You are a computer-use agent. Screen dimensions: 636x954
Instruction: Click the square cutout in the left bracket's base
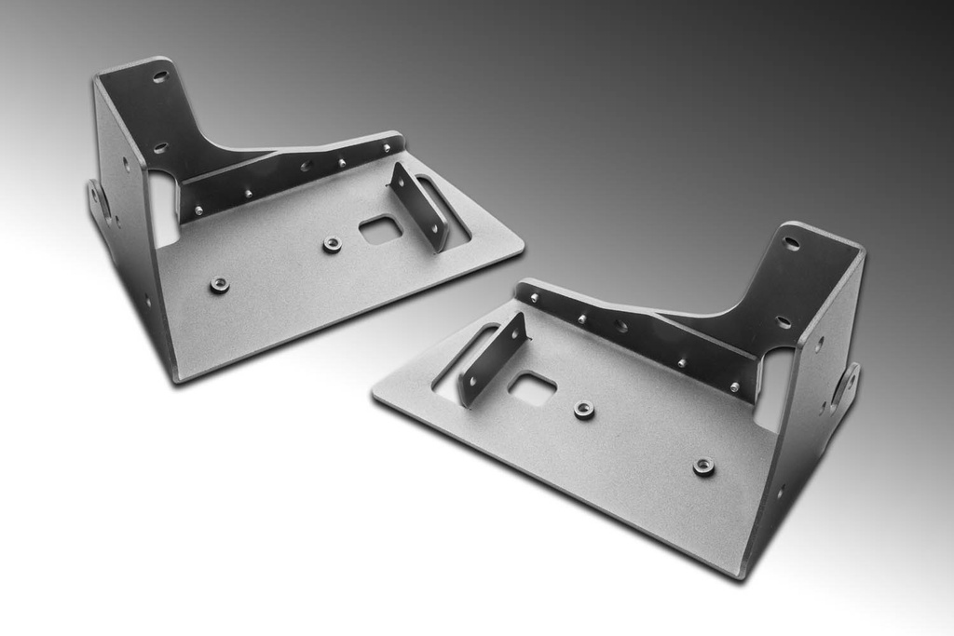pyautogui.click(x=380, y=229)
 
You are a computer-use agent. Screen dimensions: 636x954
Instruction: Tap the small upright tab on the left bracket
pyautogui.click(x=418, y=205)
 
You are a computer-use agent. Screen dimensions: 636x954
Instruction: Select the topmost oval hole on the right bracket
pyautogui.click(x=791, y=243)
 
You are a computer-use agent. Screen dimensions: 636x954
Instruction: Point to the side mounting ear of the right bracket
pyautogui.click(x=848, y=385)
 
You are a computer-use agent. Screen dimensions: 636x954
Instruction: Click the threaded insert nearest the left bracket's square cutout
pyautogui.click(x=332, y=244)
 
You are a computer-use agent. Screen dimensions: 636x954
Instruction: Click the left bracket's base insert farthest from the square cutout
pyautogui.click(x=220, y=284)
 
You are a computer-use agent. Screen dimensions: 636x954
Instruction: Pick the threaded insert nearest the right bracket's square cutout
pyautogui.click(x=584, y=410)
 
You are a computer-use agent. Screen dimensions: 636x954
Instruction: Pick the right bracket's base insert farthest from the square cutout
pyautogui.click(x=704, y=467)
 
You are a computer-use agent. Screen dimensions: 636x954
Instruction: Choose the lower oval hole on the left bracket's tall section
pyautogui.click(x=159, y=147)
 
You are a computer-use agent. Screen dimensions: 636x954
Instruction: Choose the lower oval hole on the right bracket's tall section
pyautogui.click(x=784, y=321)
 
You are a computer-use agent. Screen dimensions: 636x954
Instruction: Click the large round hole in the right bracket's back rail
pyautogui.click(x=620, y=326)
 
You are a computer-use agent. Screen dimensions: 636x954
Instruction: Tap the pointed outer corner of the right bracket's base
pyautogui.click(x=376, y=395)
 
